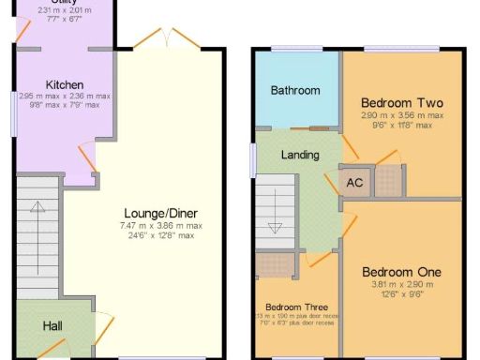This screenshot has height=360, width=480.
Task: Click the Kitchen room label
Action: [x=64, y=84]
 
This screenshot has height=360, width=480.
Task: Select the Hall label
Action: [x=52, y=326]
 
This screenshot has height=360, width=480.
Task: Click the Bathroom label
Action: [x=295, y=91]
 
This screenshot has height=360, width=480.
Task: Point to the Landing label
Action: [x=300, y=155]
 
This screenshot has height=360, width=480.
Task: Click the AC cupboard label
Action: [x=355, y=183]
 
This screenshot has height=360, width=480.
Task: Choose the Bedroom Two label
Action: [x=402, y=103]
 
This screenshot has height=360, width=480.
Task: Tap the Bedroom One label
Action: [x=402, y=273]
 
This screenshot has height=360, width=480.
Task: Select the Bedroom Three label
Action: [x=295, y=307]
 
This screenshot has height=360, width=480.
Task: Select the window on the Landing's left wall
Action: [x=253, y=160]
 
